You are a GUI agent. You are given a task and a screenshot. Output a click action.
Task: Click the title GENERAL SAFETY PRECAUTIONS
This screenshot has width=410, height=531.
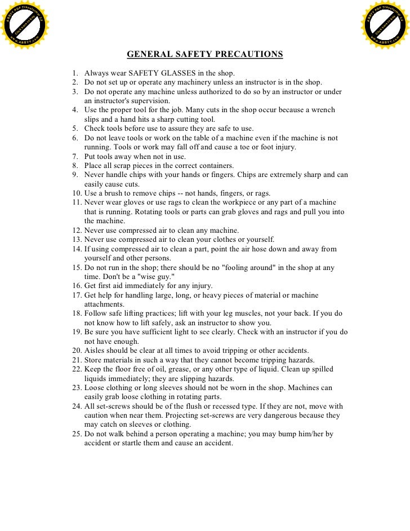[x=204, y=55]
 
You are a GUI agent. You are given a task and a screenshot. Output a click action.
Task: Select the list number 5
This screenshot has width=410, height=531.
[x=75, y=129]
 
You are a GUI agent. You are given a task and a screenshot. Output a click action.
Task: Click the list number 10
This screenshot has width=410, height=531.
[x=77, y=193]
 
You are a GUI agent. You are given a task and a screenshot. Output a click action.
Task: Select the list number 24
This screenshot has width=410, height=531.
[x=77, y=406]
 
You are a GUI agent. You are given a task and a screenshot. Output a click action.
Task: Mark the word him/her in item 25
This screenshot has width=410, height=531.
[x=307, y=434]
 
